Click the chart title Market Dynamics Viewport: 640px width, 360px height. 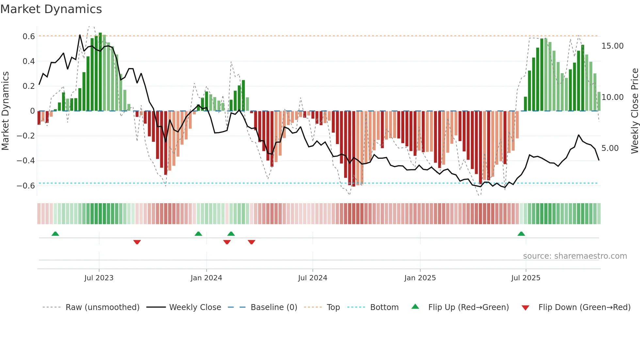(x=51, y=9)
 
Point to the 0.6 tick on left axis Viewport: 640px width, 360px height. (x=29, y=36)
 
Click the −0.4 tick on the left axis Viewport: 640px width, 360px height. (x=26, y=160)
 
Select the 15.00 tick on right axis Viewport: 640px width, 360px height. (x=612, y=46)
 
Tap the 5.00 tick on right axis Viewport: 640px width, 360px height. (x=610, y=148)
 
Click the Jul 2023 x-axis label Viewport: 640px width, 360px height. (x=99, y=278)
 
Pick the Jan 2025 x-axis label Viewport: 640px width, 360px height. (x=420, y=278)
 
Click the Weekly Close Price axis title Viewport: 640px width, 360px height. (x=634, y=111)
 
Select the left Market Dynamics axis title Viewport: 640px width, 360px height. (x=5, y=111)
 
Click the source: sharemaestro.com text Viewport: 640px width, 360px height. (x=575, y=256)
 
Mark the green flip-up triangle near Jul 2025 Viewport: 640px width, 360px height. (x=521, y=234)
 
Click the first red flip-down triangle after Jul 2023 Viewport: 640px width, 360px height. (x=137, y=242)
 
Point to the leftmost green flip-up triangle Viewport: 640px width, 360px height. (x=55, y=234)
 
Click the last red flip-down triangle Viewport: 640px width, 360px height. (x=251, y=242)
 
